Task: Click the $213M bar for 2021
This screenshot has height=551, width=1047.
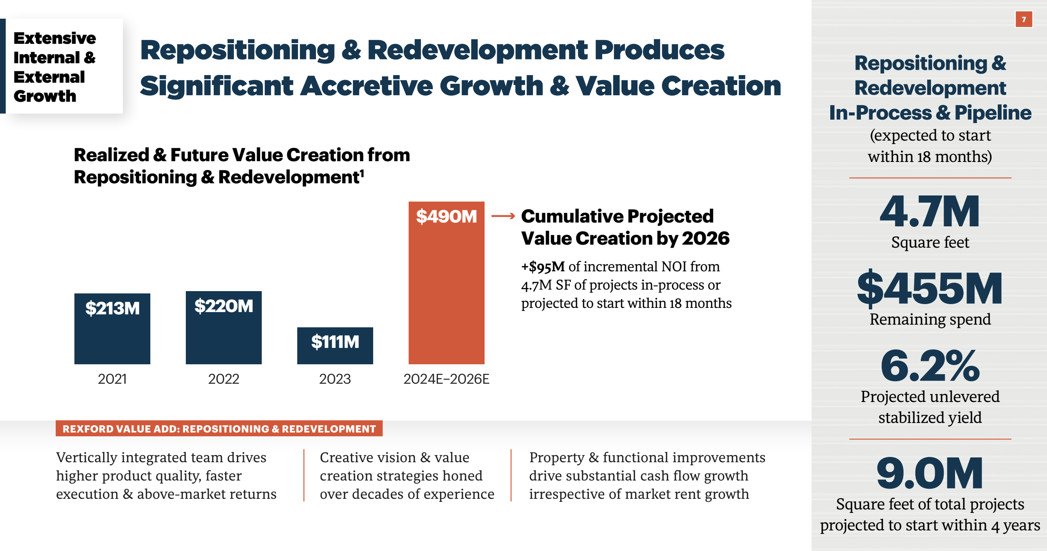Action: click(112, 328)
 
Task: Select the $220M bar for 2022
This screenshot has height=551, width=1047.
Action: click(224, 327)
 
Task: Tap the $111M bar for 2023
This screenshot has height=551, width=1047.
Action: click(335, 346)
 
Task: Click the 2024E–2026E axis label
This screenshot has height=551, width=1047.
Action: click(446, 379)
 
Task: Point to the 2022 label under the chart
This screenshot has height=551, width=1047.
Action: click(224, 379)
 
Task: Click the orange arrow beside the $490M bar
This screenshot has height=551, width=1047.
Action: click(503, 216)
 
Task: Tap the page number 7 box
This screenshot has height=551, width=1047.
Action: click(1023, 19)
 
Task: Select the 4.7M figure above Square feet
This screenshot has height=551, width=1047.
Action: click(929, 211)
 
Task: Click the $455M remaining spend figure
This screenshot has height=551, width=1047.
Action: click(929, 289)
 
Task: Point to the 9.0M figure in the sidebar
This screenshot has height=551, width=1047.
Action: click(929, 473)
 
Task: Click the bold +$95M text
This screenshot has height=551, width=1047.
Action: click(543, 267)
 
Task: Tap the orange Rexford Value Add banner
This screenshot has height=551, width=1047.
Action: click(219, 429)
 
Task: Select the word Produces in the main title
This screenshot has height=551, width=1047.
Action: click(659, 50)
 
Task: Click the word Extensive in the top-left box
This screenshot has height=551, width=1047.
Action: click(55, 38)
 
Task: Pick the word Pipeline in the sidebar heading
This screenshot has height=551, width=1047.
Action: click(992, 112)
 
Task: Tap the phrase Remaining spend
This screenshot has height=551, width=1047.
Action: click(930, 319)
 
